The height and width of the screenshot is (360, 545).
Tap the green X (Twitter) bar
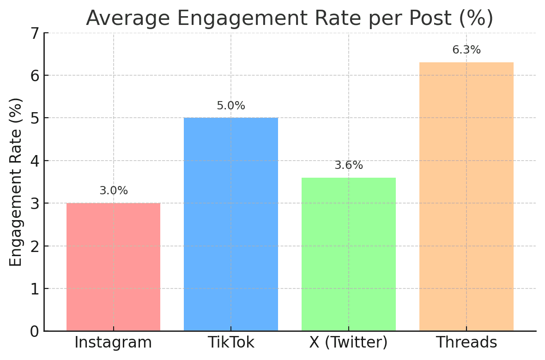coord(349,254)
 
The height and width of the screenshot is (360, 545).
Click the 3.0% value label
coord(114,191)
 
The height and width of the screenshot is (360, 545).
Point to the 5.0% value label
coord(231,106)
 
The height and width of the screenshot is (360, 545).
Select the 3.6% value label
coord(349,165)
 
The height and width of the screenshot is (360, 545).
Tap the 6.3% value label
coord(466,50)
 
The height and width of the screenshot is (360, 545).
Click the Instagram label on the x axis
coord(113,342)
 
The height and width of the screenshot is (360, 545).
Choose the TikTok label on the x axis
coord(231,342)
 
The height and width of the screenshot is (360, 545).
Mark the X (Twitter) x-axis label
coord(349,342)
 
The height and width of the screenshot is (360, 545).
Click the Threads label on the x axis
coord(466,342)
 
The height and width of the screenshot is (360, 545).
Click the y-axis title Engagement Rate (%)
coord(16,182)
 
